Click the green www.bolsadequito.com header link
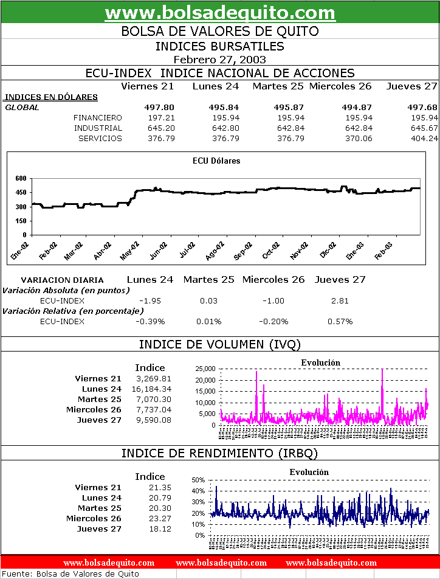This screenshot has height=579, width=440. click(x=220, y=12)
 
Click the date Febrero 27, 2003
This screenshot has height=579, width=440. click(x=219, y=59)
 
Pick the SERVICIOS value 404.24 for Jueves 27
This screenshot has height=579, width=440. click(x=424, y=138)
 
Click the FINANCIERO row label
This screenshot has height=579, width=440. click(x=97, y=117)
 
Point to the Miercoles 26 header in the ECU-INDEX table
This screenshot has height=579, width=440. click(x=340, y=86)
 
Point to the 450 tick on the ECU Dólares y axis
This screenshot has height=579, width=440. click(x=21, y=192)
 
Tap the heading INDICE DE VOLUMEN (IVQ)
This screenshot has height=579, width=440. click(x=220, y=344)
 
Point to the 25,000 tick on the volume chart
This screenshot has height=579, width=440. click(x=203, y=369)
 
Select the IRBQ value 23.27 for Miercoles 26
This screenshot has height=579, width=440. click(x=160, y=518)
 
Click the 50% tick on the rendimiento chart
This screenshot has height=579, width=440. click(x=198, y=480)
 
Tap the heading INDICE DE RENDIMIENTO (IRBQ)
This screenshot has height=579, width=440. click(x=220, y=453)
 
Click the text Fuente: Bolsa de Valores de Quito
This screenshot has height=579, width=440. click(x=71, y=574)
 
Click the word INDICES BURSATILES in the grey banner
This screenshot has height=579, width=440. click(x=220, y=46)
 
